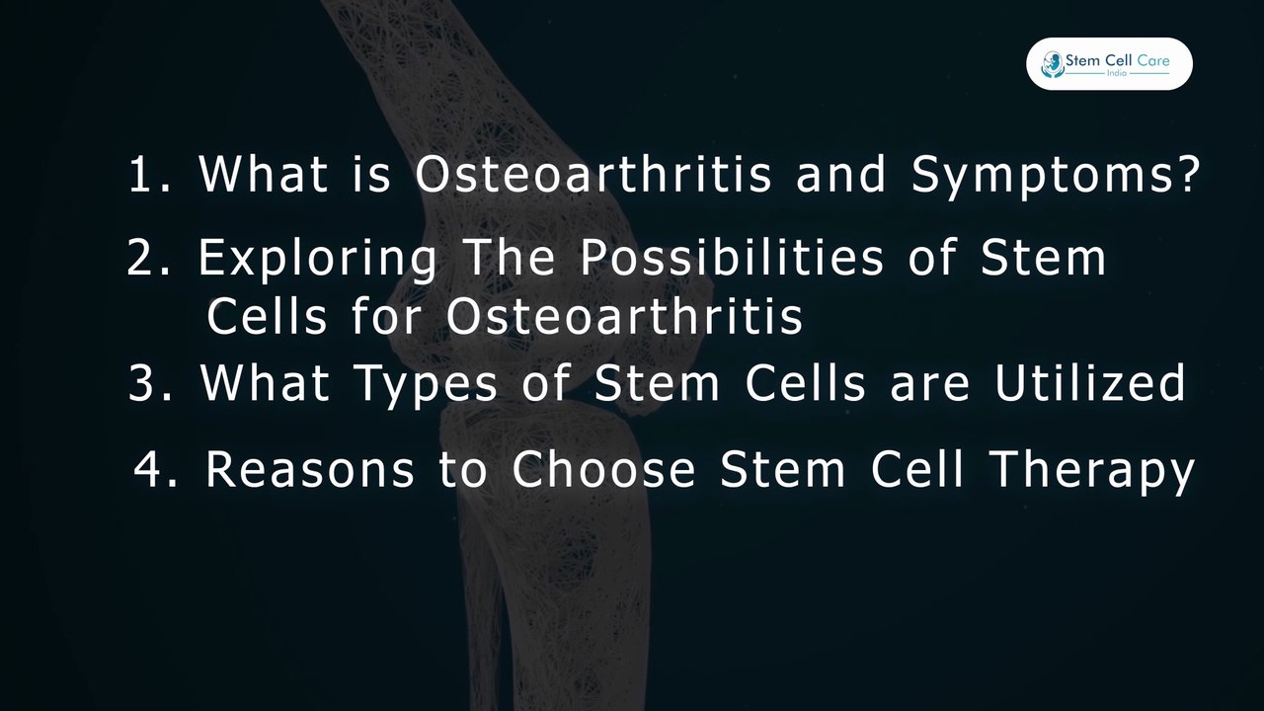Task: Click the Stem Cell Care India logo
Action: (1109, 64)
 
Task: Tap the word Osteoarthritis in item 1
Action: (592, 175)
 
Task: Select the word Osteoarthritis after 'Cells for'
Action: (624, 317)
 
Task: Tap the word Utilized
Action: (1089, 382)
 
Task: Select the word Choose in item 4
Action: (603, 470)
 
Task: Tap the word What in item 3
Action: (264, 383)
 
